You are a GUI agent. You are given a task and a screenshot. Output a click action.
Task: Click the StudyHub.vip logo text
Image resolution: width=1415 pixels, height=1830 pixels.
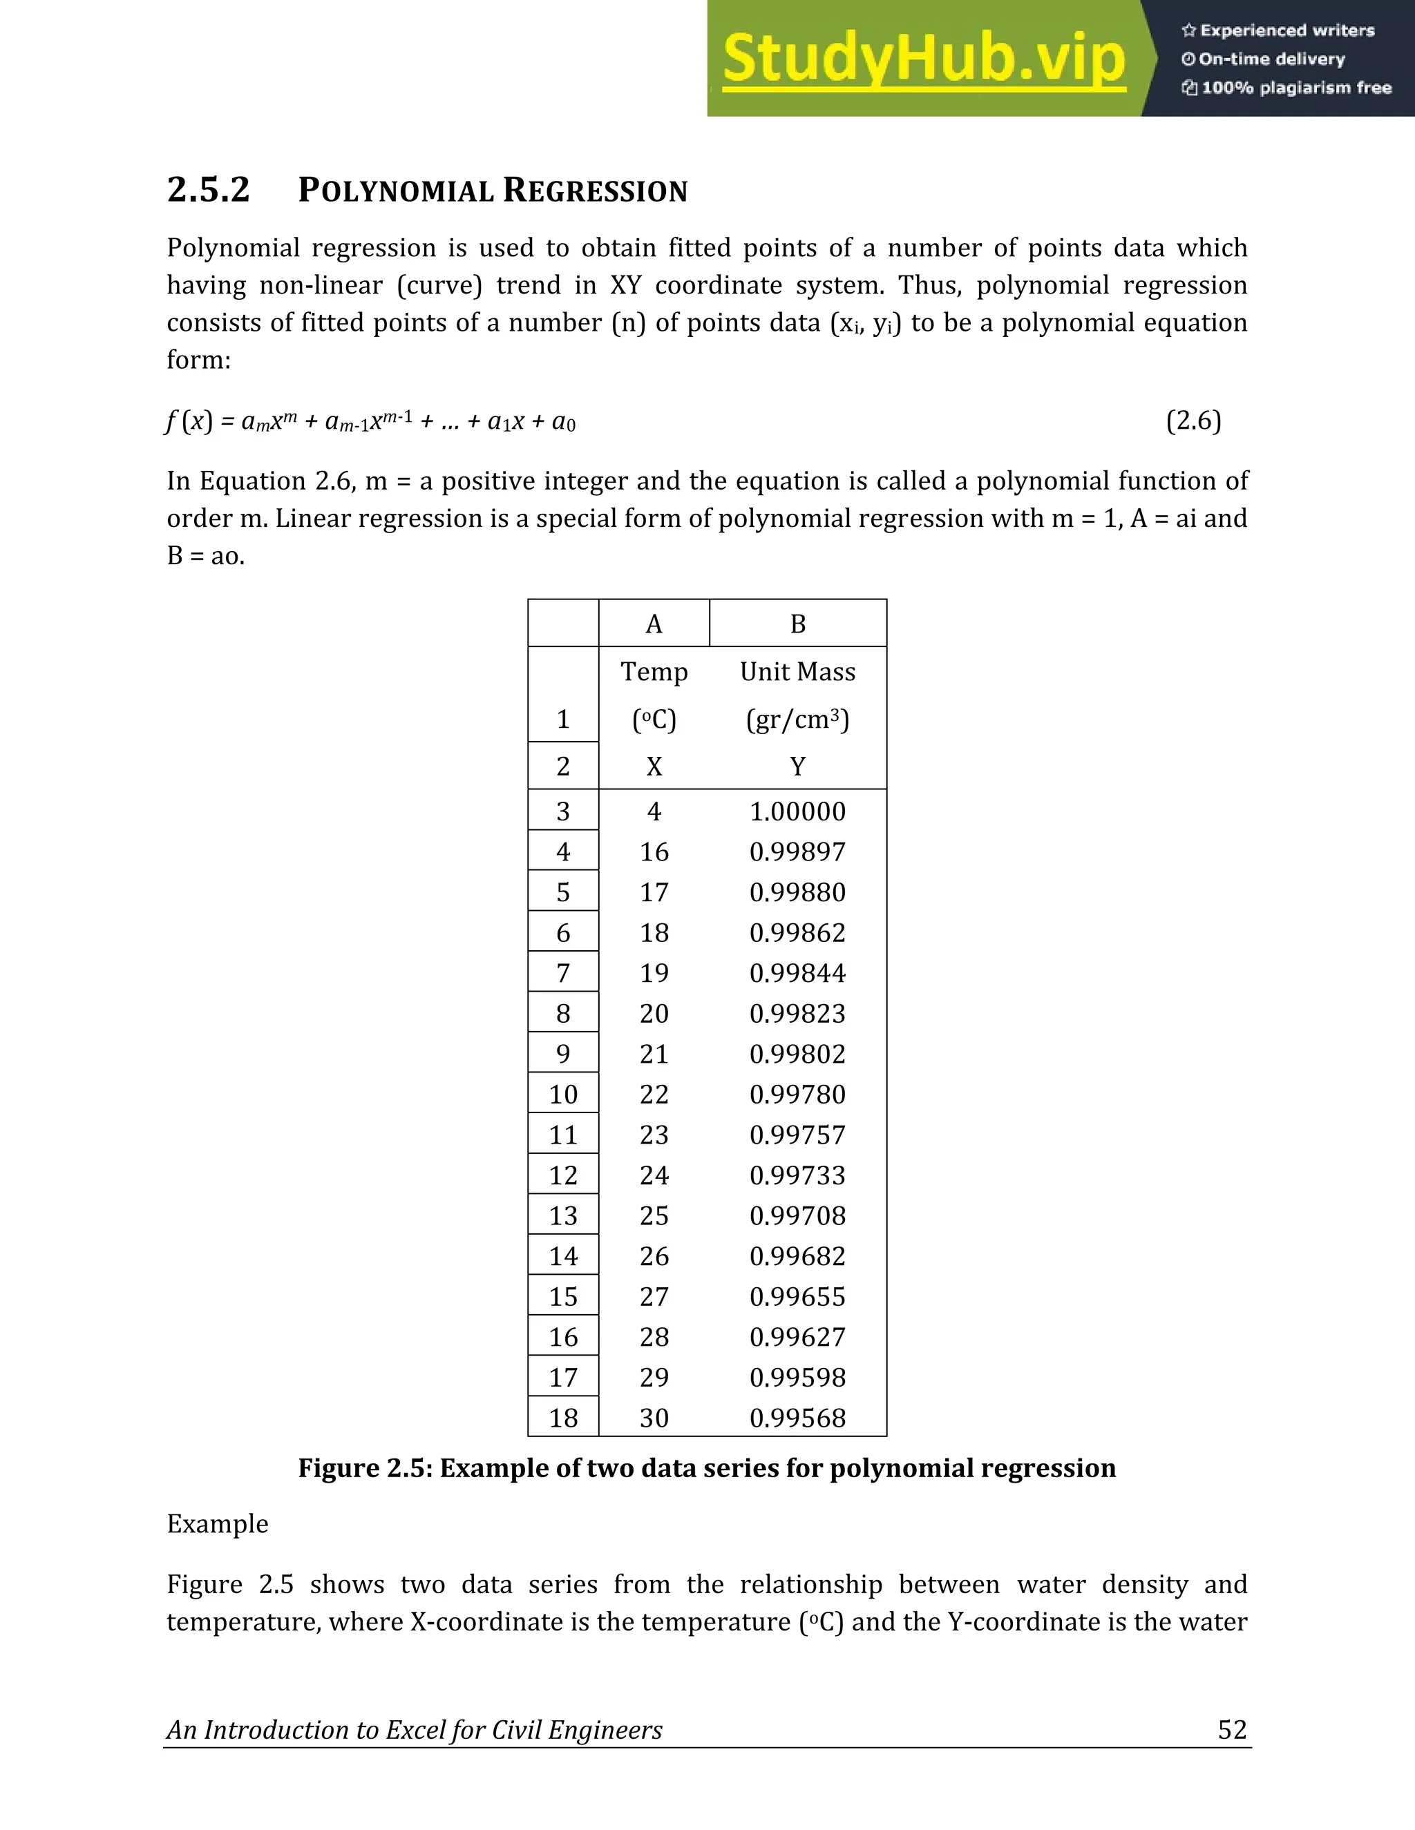coord(923,59)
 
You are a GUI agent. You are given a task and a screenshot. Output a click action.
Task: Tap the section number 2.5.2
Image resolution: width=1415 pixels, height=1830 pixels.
coord(208,189)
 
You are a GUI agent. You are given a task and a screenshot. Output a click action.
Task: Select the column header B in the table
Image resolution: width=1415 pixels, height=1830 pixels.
coord(797,624)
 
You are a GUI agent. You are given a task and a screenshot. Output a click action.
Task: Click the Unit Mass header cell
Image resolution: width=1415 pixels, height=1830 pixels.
coord(797,672)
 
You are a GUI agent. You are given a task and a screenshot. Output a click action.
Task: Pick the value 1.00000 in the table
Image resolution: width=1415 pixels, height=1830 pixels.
coord(797,811)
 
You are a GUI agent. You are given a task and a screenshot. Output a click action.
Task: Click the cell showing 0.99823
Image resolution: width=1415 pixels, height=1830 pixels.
coord(797,1014)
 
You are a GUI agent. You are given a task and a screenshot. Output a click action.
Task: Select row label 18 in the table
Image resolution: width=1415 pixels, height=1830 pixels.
coord(563,1418)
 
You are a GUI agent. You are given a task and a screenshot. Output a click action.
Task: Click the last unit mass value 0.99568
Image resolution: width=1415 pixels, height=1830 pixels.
coord(797,1418)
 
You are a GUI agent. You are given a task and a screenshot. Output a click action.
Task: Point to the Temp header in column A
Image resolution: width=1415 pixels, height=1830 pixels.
coord(654,672)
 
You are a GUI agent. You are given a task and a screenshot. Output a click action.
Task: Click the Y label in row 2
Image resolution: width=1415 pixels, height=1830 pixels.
coord(797,766)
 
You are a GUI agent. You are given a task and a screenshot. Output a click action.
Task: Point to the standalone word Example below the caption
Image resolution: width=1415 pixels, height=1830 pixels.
coord(218,1523)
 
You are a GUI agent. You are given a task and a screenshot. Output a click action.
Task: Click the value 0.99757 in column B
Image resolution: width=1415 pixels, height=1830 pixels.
coord(797,1135)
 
